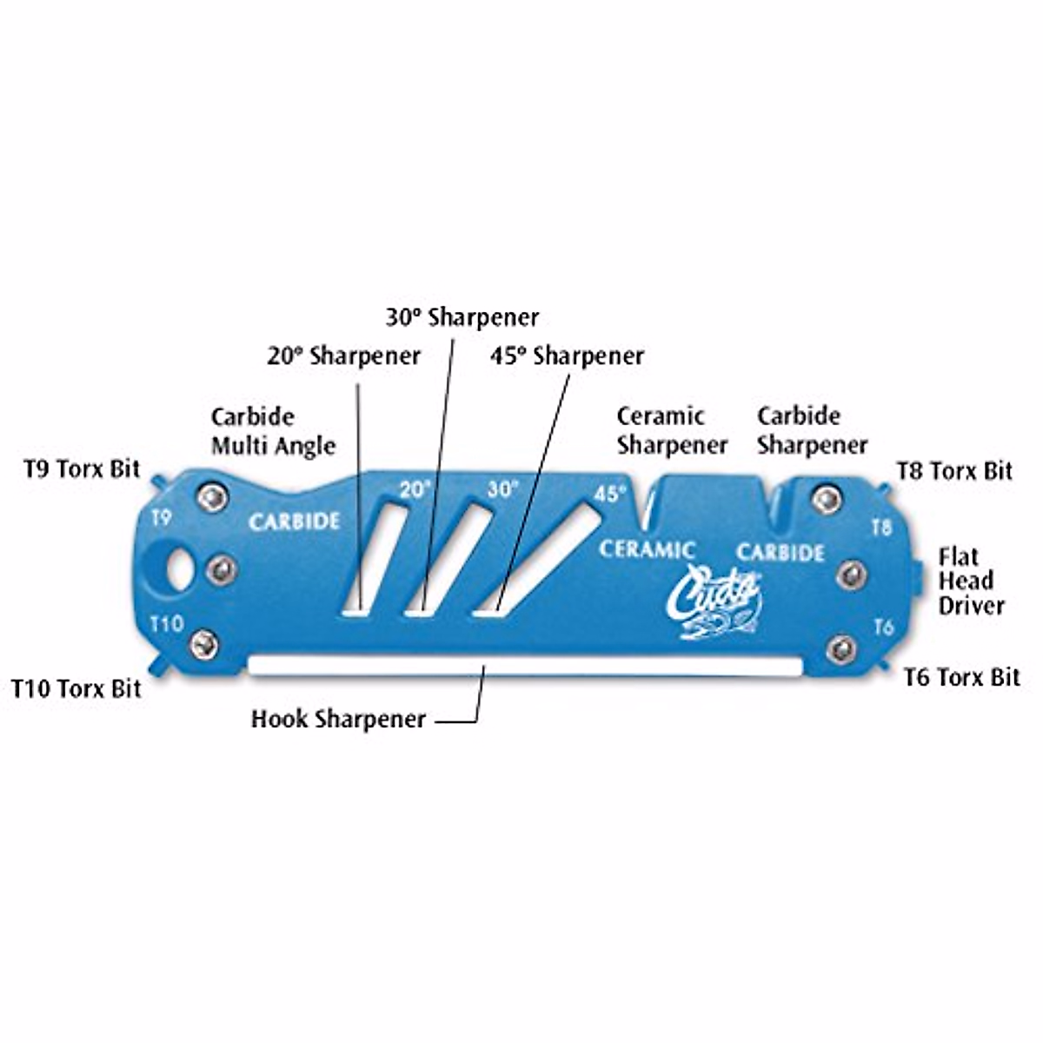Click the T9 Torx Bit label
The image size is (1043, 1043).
[x=82, y=469]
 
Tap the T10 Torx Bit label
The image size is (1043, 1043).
[x=76, y=689]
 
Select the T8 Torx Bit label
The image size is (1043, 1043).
[x=954, y=471]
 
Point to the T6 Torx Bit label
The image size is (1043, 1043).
[x=961, y=677]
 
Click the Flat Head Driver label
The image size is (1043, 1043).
[x=971, y=581]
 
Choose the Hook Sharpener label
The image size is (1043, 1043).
[x=338, y=720]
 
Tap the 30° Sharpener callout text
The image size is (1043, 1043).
[x=462, y=317]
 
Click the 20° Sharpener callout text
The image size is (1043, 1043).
[x=343, y=355]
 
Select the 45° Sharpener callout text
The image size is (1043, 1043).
[x=567, y=355]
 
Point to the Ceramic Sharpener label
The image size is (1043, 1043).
[x=672, y=430]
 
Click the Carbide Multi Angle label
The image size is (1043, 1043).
[x=273, y=432]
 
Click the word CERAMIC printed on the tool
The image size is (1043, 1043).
[x=648, y=549]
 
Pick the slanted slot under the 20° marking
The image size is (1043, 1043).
[x=373, y=560]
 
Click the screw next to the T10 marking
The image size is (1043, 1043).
[x=205, y=644]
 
